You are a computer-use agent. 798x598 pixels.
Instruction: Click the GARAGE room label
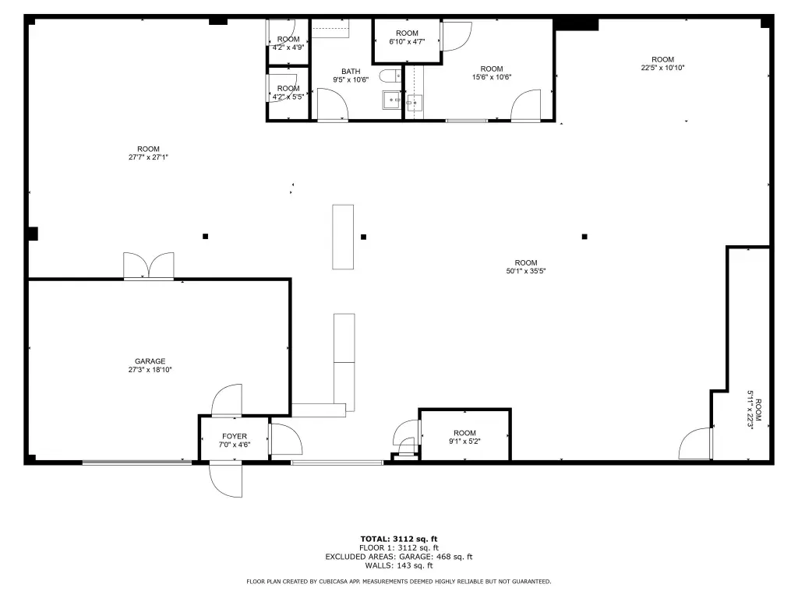coord(150,361)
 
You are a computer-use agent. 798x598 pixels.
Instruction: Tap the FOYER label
coord(234,436)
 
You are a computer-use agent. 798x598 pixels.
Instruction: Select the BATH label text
coord(351,71)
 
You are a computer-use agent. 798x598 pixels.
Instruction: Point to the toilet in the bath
coord(390,76)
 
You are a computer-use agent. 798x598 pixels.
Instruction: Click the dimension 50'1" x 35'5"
coord(526,271)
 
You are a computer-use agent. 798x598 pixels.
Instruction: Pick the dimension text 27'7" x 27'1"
coord(148,157)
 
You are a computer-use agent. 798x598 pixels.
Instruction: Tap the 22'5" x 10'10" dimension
coord(662,68)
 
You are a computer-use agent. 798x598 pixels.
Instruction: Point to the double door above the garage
coord(149,266)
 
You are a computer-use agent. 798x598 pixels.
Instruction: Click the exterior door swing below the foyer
coord(225,480)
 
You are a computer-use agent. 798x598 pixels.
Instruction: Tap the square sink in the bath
coord(391,100)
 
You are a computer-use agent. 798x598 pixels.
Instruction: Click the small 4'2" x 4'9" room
coord(288,43)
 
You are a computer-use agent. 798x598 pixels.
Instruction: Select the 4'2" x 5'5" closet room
coord(288,93)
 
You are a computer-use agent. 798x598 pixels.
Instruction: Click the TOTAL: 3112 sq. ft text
coord(399,539)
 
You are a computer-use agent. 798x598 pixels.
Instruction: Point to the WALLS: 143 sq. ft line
coord(399,565)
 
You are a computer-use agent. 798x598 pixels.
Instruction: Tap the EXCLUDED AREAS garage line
coord(399,557)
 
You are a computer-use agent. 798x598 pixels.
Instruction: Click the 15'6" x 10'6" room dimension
coord(492,77)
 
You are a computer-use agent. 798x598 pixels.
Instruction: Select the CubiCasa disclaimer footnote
coord(399,581)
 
